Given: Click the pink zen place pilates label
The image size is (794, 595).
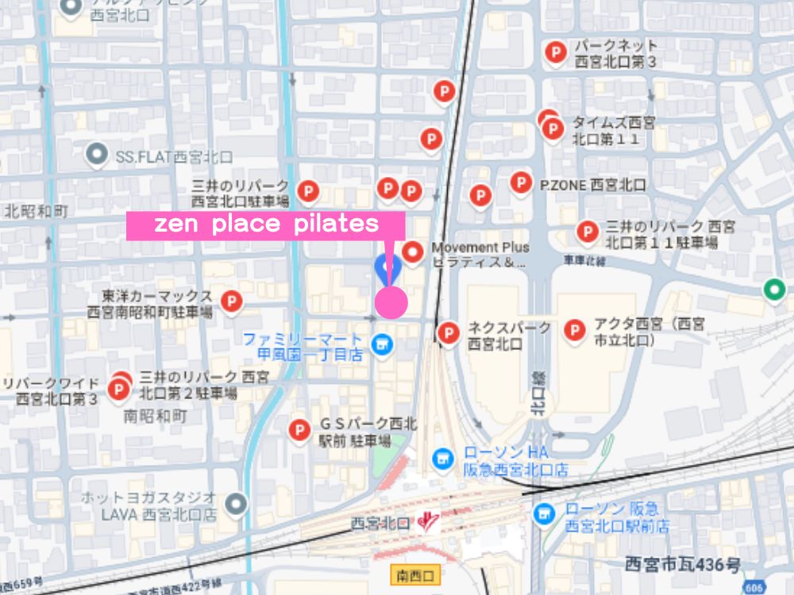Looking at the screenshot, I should pos(266,225).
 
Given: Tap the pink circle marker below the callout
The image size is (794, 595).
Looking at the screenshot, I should pos(391,302).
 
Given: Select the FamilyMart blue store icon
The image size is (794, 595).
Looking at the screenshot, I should pos(383,346).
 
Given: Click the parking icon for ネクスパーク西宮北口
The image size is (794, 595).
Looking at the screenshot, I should pos(449,332).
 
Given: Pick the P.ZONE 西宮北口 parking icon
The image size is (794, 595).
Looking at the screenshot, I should pos(521,182).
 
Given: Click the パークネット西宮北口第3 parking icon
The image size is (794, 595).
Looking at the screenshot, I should pos(556,52).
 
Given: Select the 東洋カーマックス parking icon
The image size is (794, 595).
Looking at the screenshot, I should pos(231,301).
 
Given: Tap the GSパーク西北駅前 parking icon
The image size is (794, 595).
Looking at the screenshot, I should pos(299,430).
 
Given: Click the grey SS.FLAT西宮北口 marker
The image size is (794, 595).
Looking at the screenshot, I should pos(98,154).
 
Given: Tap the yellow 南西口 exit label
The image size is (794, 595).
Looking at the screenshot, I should pos(415,574).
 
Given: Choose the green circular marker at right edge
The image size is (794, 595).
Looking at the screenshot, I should pos(774,290).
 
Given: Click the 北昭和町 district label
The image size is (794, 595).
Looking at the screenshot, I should pos(36,211).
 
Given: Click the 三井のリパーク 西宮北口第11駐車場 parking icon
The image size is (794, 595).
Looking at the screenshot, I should pos(588,232).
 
